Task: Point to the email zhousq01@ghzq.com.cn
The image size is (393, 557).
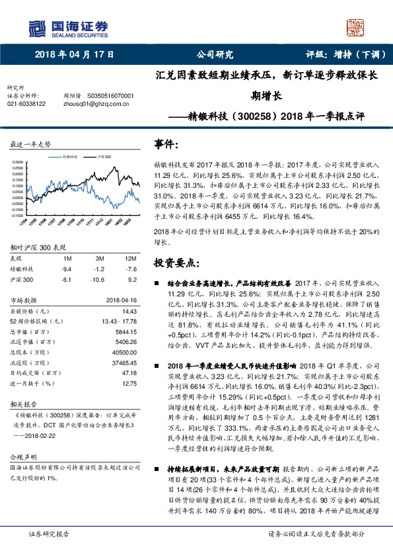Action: (89, 104)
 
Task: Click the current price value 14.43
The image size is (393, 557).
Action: (129, 311)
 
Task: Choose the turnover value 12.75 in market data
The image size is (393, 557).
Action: (129, 382)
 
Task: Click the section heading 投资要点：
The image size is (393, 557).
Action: (178, 263)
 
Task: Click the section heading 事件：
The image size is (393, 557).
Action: (166, 144)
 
